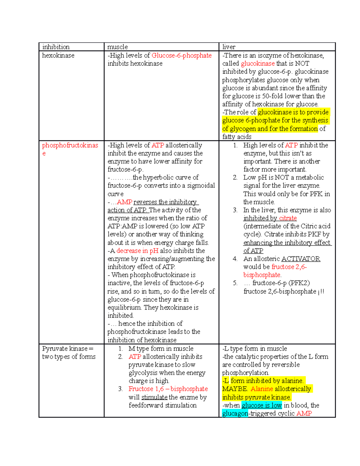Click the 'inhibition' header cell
(56, 47)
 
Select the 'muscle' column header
(118, 47)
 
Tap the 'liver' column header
(229, 47)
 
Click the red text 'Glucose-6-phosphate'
(181, 56)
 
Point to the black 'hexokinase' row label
(58, 56)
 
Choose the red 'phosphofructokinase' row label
(70, 146)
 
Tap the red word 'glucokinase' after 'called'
(258, 64)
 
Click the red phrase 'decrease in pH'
(137, 251)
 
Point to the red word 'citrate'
(288, 218)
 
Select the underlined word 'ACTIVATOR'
(301, 259)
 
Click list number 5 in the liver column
(235, 283)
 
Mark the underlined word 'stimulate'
(154, 397)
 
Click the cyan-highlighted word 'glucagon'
(235, 413)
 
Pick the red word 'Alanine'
(262, 389)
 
